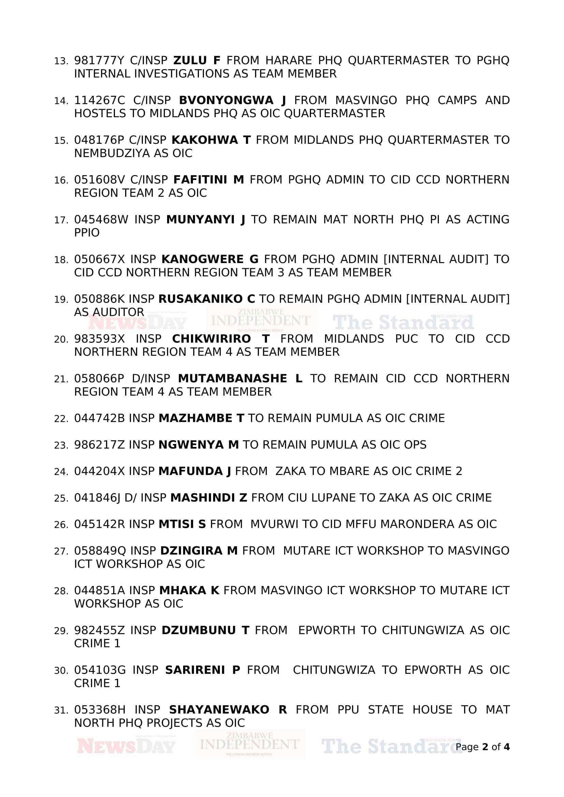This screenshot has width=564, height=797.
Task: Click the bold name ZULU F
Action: point(196,61)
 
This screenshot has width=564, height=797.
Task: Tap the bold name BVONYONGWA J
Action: point(232,101)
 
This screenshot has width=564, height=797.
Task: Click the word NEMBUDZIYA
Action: point(112,153)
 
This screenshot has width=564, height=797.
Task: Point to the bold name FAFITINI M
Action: point(208,180)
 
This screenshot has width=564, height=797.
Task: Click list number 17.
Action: point(61,220)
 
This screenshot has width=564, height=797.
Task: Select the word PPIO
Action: point(87,233)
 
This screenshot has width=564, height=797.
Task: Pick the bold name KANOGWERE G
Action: point(210,259)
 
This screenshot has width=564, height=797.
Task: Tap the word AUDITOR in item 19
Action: point(109,312)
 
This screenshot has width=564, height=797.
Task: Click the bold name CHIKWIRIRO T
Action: point(221,339)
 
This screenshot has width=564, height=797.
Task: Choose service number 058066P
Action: point(99,379)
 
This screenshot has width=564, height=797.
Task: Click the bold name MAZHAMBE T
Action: point(202,418)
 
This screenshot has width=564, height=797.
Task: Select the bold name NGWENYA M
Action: point(199,445)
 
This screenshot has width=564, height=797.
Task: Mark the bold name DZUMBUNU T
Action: point(206,630)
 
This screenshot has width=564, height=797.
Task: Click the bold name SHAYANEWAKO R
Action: point(228,710)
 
